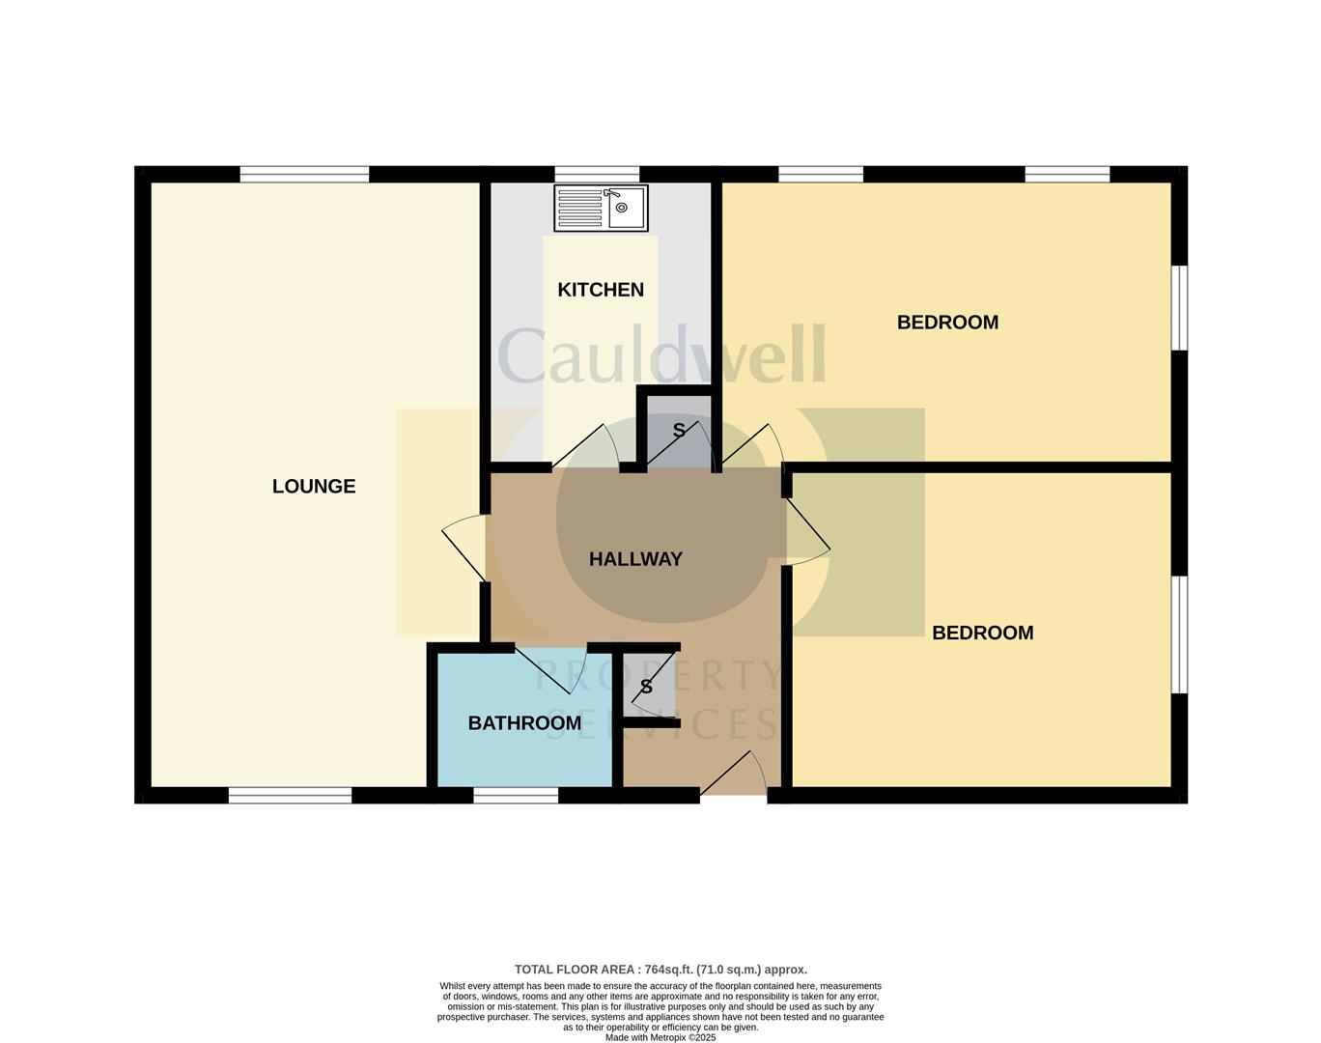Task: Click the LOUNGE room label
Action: (x=314, y=487)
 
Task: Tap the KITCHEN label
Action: (x=601, y=290)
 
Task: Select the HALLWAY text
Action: (x=635, y=559)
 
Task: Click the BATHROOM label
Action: (x=524, y=723)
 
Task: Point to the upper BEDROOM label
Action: (x=947, y=323)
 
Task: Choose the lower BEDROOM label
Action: (x=982, y=634)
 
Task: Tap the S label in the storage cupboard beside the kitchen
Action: (x=679, y=431)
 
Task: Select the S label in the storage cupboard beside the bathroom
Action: (x=646, y=688)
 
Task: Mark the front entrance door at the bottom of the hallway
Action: (x=733, y=776)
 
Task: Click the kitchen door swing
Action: (x=587, y=447)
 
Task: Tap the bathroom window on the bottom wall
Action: (x=516, y=796)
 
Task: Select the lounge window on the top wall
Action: (x=304, y=175)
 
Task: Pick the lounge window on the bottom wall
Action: (x=291, y=796)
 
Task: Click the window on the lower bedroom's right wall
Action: (x=1179, y=634)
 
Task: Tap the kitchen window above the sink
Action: (x=597, y=175)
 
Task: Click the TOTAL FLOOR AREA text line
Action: (x=660, y=970)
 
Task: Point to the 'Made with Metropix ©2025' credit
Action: (x=660, y=1038)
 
